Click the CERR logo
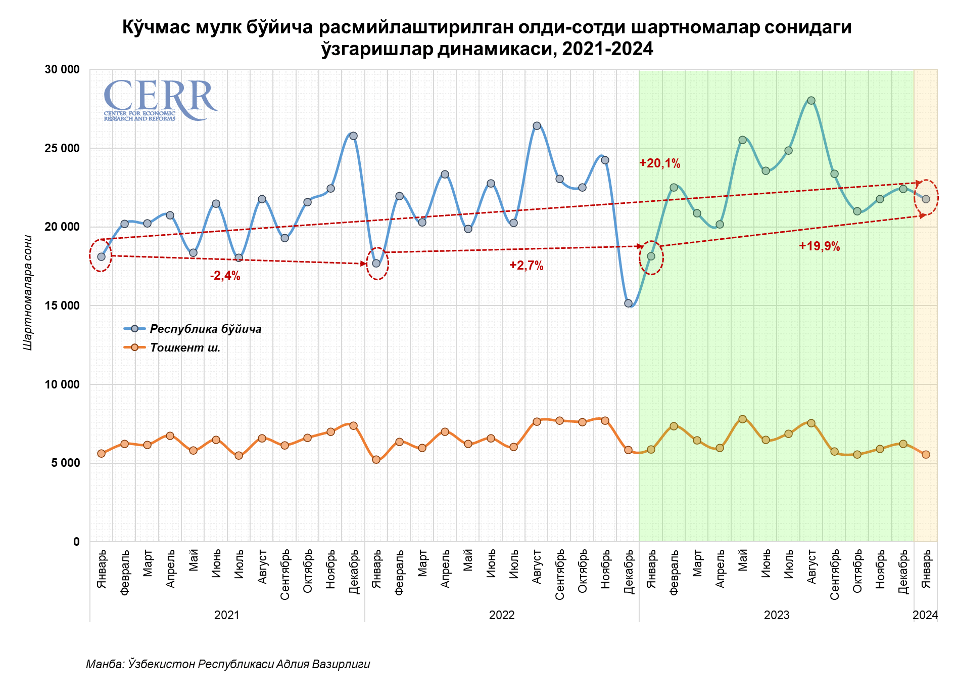161,100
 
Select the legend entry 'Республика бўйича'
205,329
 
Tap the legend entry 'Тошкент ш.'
185,348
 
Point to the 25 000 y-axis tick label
62,148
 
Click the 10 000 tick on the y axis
62,384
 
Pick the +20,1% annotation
659,163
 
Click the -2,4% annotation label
225,276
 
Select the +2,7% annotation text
526,266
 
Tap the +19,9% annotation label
819,246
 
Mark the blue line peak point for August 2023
811,100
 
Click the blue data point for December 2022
628,303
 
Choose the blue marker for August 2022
537,125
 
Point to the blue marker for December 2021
353,136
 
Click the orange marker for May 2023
742,419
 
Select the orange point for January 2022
376,459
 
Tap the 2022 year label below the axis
502,615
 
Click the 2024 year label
925,615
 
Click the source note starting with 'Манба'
228,664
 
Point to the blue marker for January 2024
926,199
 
